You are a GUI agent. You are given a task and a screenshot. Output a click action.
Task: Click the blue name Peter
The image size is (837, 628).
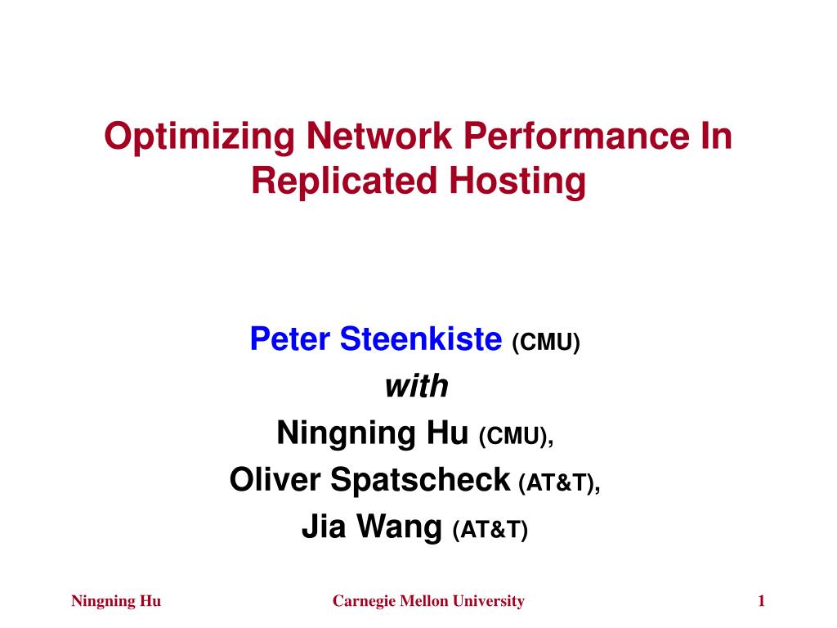click(x=290, y=338)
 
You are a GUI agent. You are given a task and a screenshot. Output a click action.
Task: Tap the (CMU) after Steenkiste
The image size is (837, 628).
click(x=545, y=341)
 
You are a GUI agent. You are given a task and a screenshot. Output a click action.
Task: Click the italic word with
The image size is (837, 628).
click(x=417, y=386)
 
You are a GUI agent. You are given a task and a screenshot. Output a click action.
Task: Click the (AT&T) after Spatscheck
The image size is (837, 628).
click(x=559, y=484)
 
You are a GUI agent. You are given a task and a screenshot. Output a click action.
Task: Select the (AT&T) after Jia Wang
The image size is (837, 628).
click(x=490, y=531)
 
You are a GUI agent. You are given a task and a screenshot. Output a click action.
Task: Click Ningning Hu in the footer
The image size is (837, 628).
click(x=116, y=602)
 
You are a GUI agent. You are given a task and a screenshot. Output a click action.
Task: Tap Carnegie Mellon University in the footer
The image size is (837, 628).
click(x=427, y=602)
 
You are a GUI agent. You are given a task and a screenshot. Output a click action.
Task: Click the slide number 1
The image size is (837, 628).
click(x=761, y=602)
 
